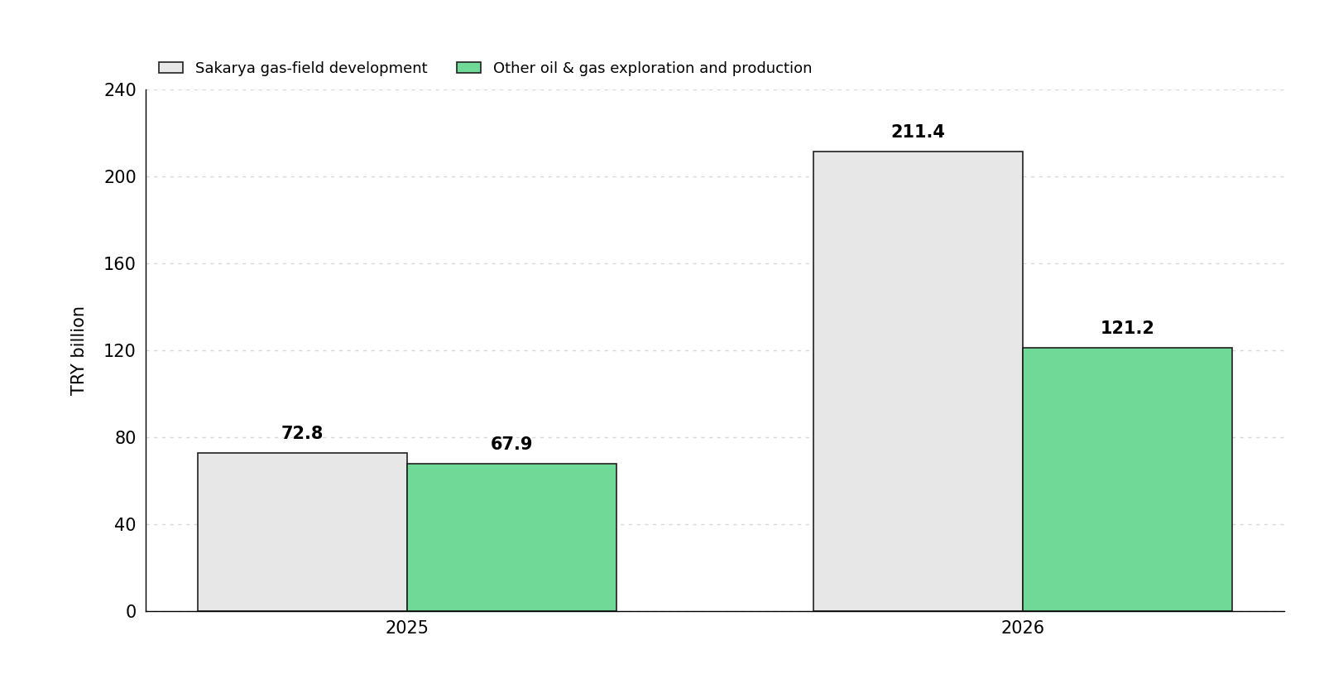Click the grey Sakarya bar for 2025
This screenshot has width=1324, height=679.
[302, 532]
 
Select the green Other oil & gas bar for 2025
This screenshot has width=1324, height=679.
[512, 537]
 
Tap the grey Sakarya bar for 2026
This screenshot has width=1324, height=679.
[918, 381]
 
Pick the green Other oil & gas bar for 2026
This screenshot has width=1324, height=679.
[1127, 479]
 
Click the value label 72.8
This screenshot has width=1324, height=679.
[302, 433]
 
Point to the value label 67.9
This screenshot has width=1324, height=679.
[511, 444]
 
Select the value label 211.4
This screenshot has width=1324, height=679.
[918, 132]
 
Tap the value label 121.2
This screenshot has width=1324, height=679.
[1127, 328]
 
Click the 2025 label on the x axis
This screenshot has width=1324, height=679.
[406, 628]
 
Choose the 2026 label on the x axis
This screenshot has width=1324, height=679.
[1023, 628]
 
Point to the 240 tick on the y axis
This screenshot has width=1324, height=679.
[120, 90]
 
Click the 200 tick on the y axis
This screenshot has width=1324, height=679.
[120, 177]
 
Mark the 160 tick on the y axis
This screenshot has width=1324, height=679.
[120, 264]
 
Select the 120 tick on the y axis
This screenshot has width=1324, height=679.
[120, 351]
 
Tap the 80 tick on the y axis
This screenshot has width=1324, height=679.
[125, 438]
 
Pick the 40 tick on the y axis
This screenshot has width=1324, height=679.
[125, 525]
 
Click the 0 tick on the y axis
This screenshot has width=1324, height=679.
[132, 612]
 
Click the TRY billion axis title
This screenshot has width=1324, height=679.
[78, 351]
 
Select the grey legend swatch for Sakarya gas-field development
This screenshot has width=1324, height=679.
[170, 67]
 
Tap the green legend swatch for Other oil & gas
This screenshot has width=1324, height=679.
[468, 67]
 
